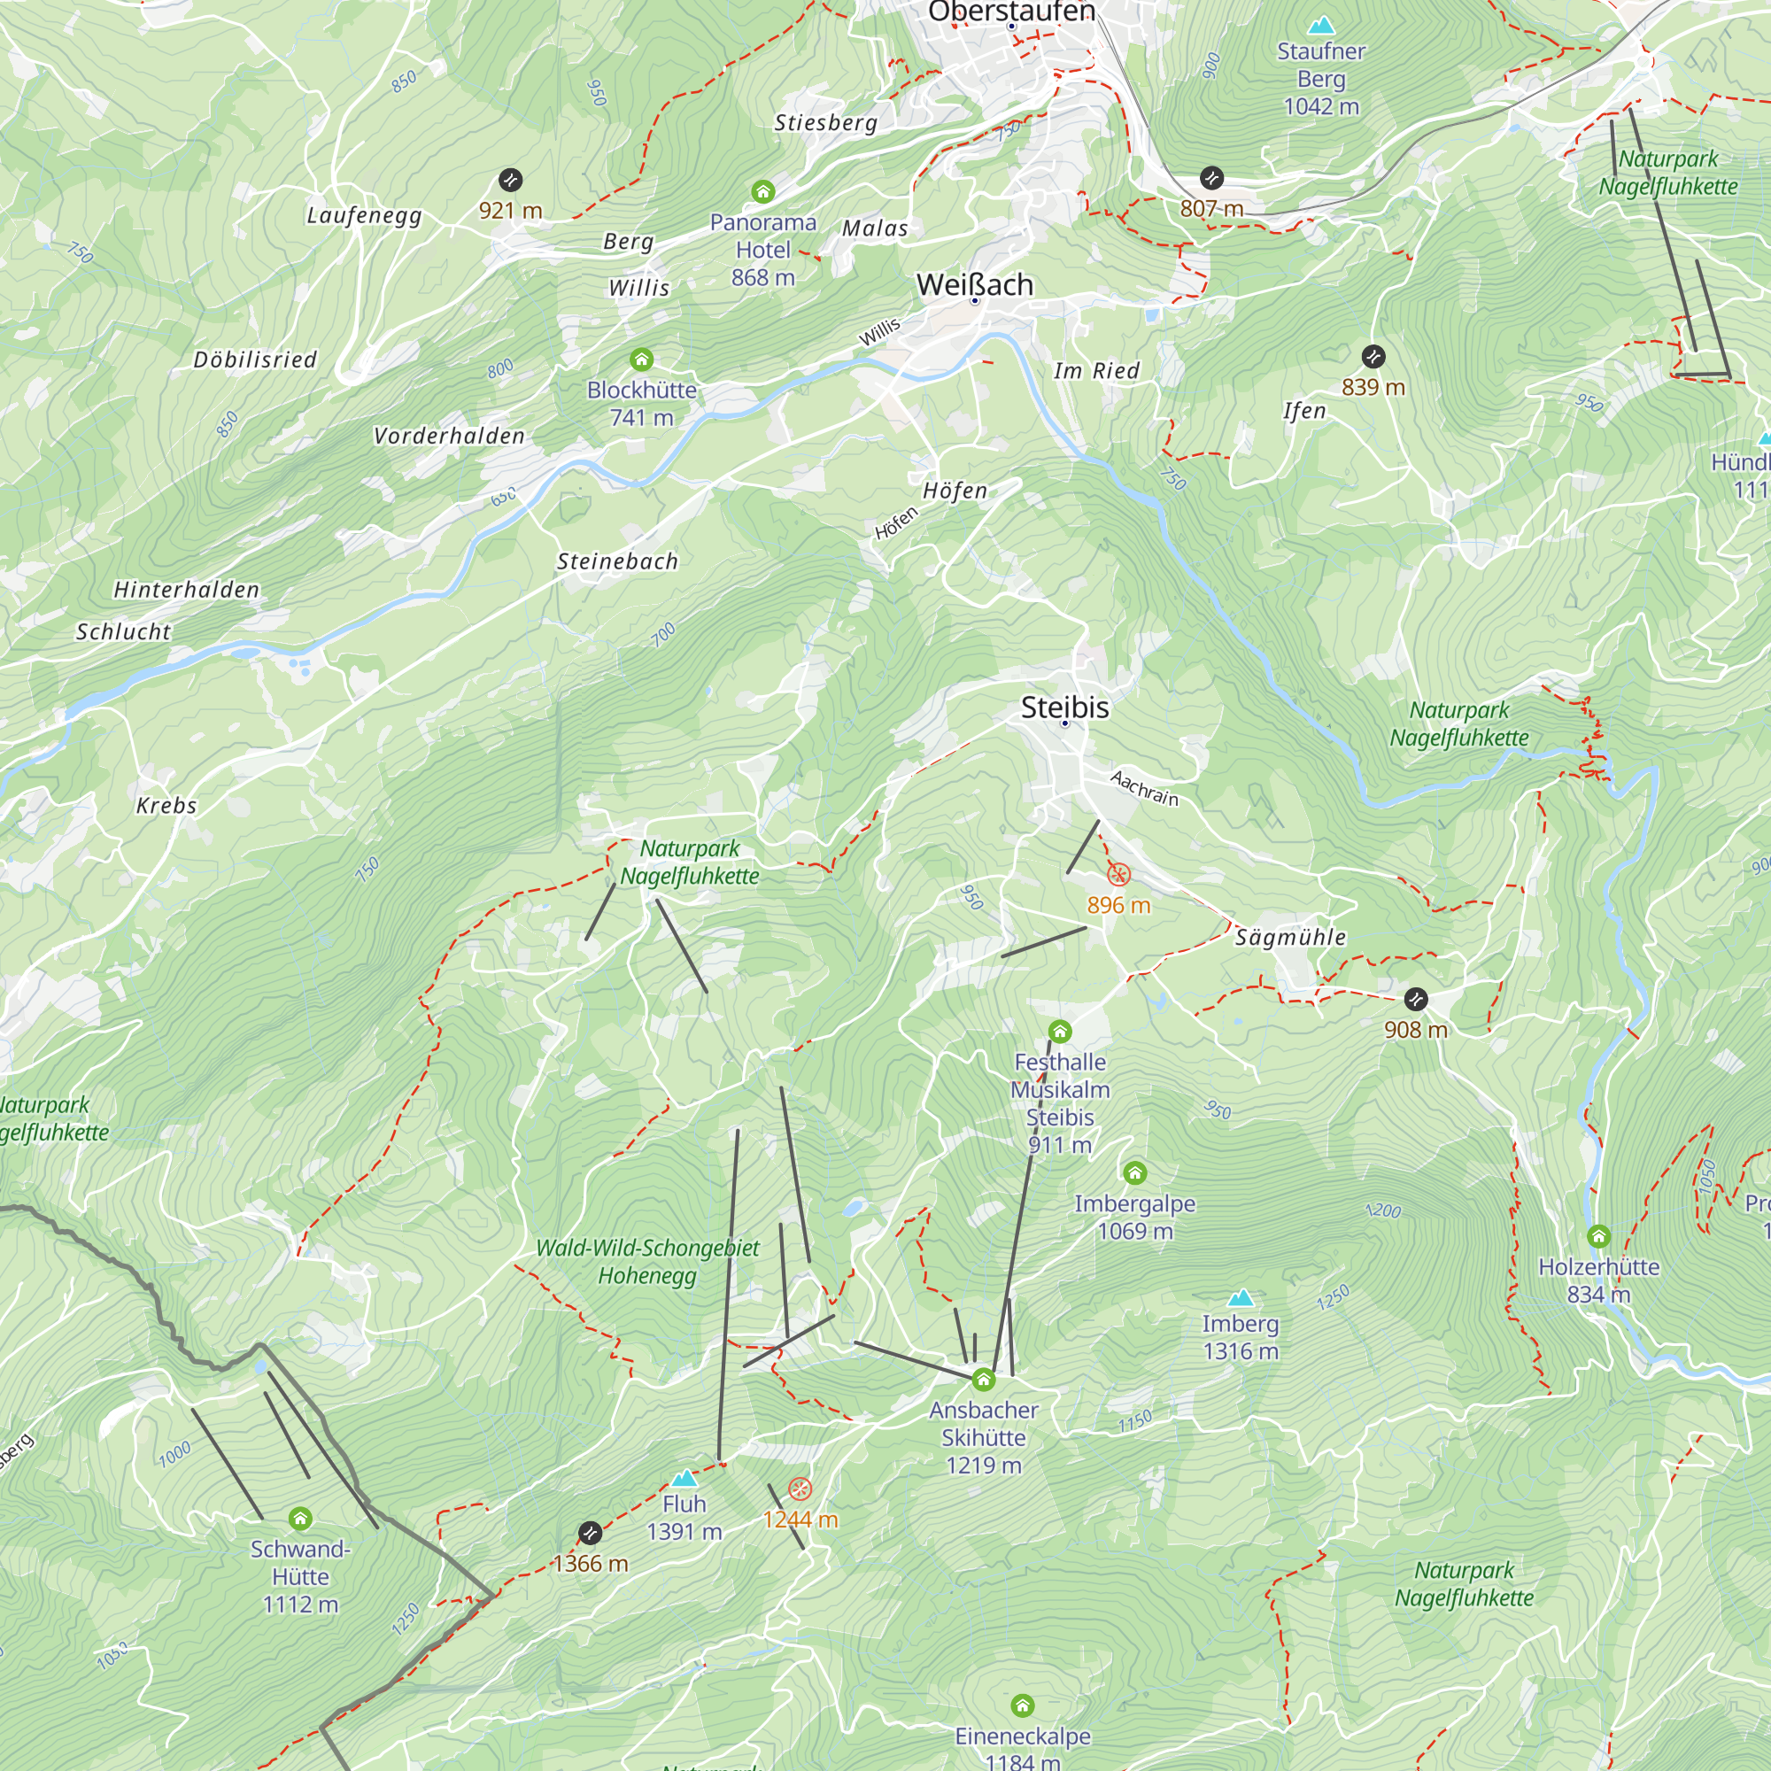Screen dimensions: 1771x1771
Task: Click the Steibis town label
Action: (1064, 708)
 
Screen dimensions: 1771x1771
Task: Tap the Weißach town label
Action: (974, 285)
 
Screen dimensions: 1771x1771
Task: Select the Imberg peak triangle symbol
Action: (1241, 1298)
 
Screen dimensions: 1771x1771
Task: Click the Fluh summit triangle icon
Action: (684, 1479)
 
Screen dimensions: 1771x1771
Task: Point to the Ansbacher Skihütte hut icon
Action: (984, 1380)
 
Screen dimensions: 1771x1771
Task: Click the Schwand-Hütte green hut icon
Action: (300, 1519)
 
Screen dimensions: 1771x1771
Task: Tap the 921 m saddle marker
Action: (511, 180)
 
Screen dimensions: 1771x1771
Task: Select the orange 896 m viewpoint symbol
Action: (1118, 875)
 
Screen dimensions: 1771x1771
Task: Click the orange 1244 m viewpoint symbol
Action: (800, 1489)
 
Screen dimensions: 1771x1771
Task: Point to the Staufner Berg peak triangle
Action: (1321, 25)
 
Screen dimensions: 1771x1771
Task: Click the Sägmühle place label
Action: (1290, 937)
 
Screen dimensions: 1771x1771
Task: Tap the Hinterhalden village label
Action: (187, 590)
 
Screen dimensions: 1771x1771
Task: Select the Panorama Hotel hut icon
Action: (762, 191)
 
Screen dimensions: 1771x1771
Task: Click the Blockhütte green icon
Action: (642, 360)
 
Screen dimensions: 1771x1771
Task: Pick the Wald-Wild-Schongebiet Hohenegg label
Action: (647, 1261)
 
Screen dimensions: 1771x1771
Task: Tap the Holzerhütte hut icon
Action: (1598, 1236)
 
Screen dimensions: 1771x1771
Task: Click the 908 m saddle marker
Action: (1415, 999)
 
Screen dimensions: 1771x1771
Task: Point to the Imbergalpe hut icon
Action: (1135, 1172)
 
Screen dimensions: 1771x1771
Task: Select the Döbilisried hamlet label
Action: (255, 360)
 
